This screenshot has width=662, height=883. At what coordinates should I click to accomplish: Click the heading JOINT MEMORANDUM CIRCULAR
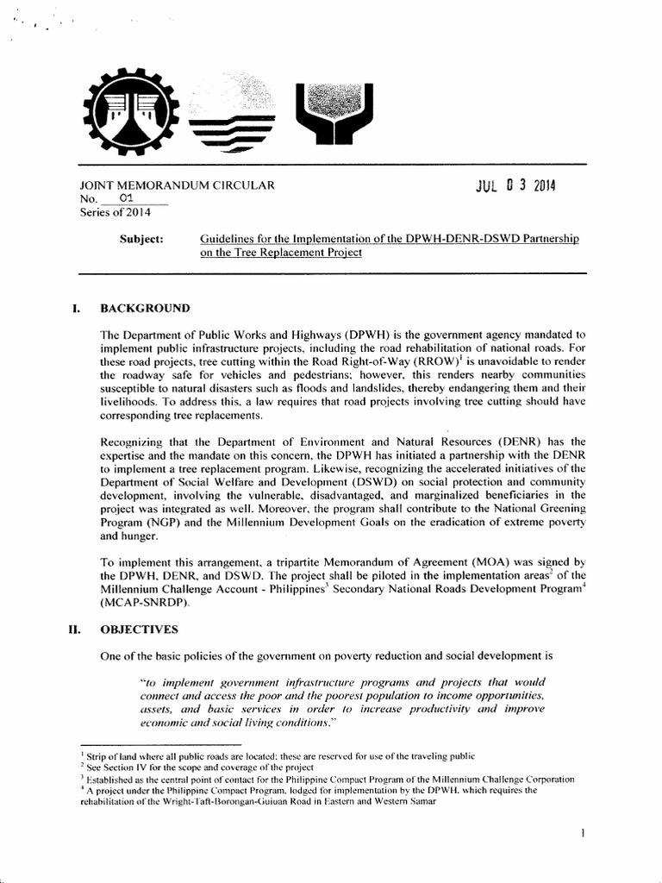(176, 185)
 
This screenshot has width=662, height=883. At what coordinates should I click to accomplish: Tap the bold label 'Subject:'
(141, 238)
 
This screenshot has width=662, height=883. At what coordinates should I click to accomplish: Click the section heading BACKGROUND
(145, 308)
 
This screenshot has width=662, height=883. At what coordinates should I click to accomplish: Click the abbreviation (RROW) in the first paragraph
(435, 362)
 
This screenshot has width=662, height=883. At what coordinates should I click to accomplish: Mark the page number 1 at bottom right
(584, 834)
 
